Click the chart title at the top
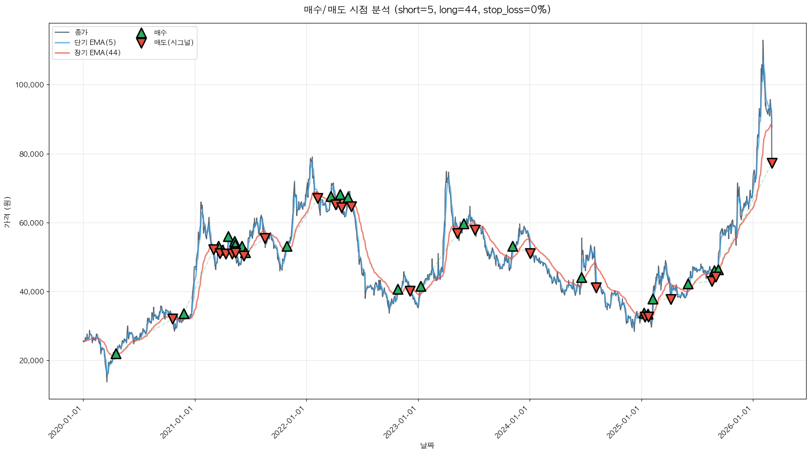pos(427,10)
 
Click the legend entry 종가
pos(81,32)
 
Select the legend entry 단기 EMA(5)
pos(95,42)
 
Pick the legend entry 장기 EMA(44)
pos(97,53)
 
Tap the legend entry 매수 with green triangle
pos(160,33)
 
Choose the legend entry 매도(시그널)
pos(173,42)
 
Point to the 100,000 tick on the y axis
pos(29,85)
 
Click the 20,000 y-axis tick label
pos(31,361)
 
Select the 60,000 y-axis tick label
pos(31,223)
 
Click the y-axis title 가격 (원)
pos(7,212)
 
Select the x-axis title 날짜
pos(427,445)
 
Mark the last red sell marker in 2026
pos(772,163)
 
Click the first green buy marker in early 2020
pos(116,353)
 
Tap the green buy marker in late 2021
pos(287,246)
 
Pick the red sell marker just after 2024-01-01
pos(530,253)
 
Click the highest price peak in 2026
pos(763,41)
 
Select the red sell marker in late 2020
pos(172,318)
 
